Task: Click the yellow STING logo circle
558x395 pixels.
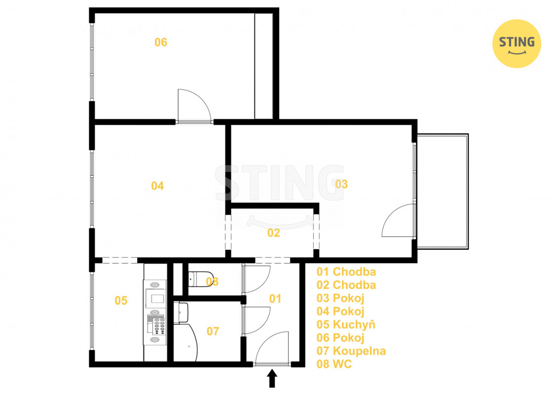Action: point(517,43)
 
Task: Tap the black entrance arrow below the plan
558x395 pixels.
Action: point(272,378)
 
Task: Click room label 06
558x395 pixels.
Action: point(160,42)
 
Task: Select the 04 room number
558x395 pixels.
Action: point(157,186)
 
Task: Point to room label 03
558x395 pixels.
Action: point(341,184)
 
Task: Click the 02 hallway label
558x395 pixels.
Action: point(274,233)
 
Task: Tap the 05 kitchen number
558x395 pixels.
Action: point(121,301)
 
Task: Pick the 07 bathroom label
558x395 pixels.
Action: point(213,331)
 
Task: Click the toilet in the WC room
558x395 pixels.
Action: point(200,278)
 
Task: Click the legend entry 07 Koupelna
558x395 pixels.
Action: point(351,351)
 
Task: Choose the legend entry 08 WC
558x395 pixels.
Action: point(334,364)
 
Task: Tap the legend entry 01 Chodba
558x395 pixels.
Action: point(346,272)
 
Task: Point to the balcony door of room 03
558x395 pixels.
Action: point(398,220)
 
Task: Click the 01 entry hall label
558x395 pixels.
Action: point(275,299)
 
